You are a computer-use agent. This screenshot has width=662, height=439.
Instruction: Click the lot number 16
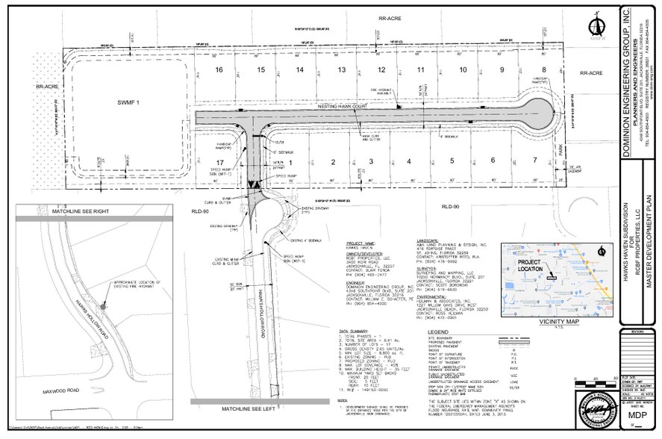coord(219,70)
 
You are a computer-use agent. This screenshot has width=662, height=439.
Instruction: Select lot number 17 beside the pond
coord(219,161)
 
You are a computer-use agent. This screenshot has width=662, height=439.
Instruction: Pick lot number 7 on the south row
coord(534,161)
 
